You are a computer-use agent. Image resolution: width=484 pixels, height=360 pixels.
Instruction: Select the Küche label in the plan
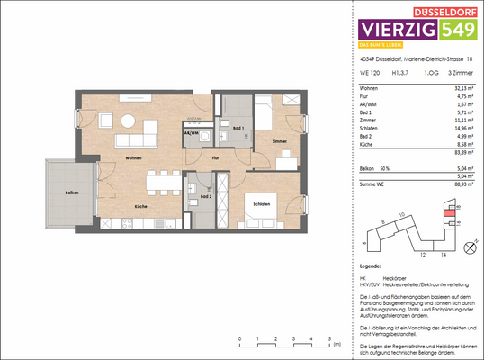pyautogui.click(x=141, y=207)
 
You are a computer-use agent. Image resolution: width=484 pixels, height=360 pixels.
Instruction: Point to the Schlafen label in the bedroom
pyautogui.click(x=261, y=203)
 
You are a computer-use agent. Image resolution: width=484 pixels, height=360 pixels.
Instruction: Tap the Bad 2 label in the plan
pyautogui.click(x=206, y=195)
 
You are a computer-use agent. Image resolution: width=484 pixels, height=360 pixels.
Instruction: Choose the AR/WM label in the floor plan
pyautogui.click(x=191, y=132)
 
